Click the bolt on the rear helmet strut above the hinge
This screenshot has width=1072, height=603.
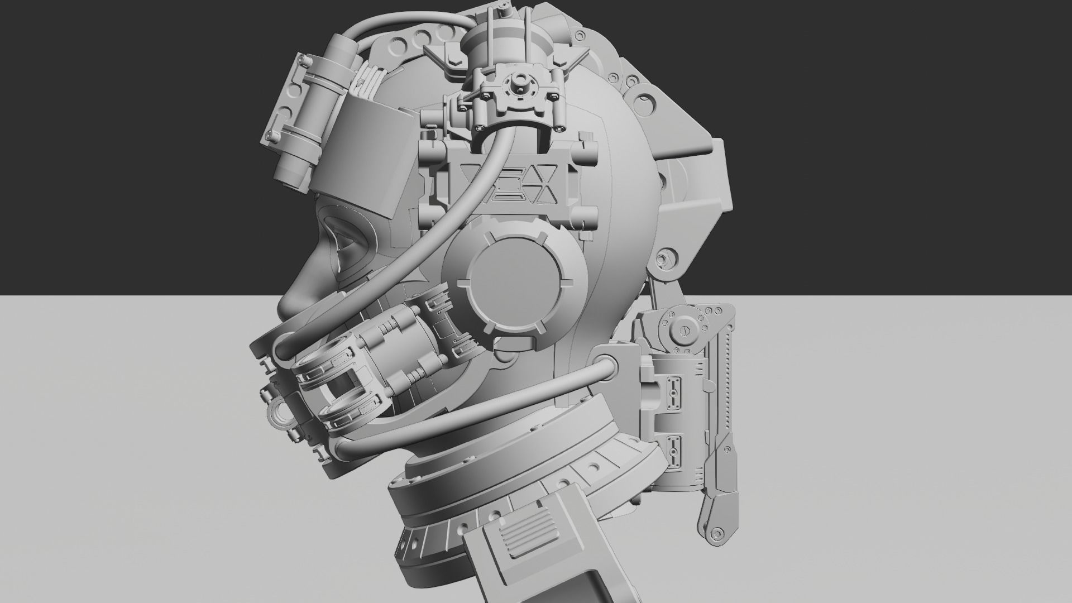click(663, 260)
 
